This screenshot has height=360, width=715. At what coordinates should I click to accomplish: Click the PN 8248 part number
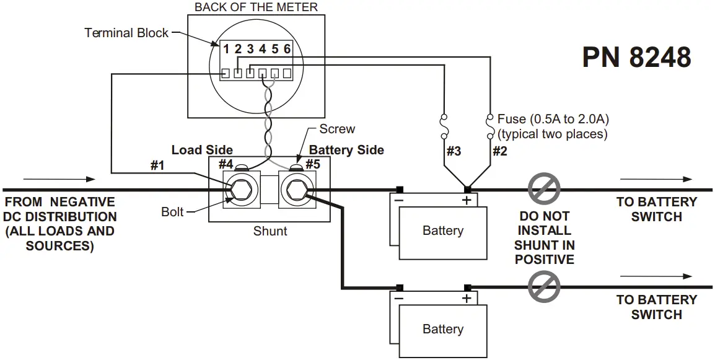(636, 58)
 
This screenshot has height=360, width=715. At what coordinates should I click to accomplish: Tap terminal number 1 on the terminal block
(227, 49)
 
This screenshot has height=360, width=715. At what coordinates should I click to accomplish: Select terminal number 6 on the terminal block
(287, 49)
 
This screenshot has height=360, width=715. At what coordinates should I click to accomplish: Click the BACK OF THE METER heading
(256, 7)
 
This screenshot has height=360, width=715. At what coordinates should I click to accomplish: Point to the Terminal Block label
(126, 33)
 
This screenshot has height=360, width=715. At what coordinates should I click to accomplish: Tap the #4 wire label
(226, 164)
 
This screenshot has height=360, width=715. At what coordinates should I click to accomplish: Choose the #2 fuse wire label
(499, 151)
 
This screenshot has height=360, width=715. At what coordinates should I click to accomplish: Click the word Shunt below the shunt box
(270, 231)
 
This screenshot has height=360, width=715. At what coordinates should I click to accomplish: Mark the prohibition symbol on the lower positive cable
(544, 287)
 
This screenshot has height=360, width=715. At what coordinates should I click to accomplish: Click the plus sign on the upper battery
(467, 200)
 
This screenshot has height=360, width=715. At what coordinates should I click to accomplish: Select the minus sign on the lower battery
(399, 299)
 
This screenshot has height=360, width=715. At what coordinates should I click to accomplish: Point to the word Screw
(337, 129)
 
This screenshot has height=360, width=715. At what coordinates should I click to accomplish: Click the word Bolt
(172, 212)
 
